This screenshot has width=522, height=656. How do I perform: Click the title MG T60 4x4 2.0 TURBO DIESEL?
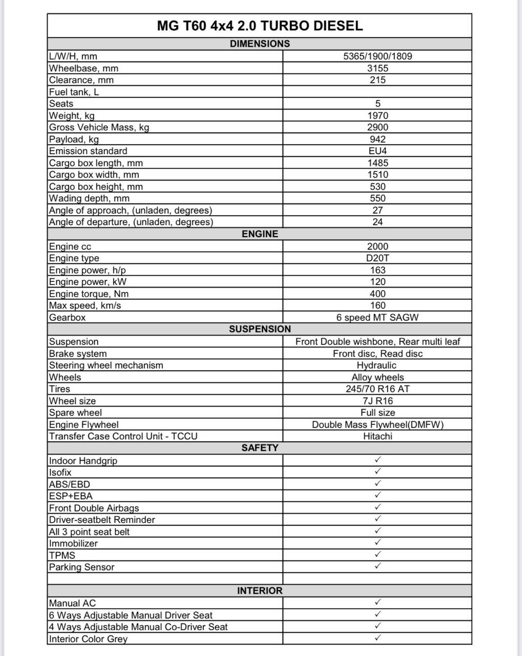pyautogui.click(x=260, y=26)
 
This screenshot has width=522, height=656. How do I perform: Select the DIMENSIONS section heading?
pyautogui.click(x=260, y=44)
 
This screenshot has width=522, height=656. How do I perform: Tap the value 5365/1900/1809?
pyautogui.click(x=378, y=56)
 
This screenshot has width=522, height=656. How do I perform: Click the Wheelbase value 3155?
pyautogui.click(x=378, y=68)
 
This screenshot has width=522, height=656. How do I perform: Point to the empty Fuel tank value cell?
pyautogui.click(x=378, y=92)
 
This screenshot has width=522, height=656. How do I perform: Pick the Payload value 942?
pyautogui.click(x=378, y=139)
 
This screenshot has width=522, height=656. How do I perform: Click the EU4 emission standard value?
pyautogui.click(x=378, y=151)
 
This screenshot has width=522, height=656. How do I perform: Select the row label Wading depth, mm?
pyautogui.click(x=89, y=199)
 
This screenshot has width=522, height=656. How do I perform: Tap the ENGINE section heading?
pyautogui.click(x=260, y=234)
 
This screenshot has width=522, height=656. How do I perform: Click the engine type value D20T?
pyautogui.click(x=378, y=258)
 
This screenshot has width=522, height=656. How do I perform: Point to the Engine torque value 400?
pyautogui.click(x=378, y=294)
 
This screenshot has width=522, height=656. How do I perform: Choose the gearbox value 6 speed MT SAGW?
pyautogui.click(x=378, y=318)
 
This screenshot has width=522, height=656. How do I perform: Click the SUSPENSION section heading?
pyautogui.click(x=260, y=329)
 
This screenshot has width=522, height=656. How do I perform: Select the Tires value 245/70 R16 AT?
pyautogui.click(x=378, y=389)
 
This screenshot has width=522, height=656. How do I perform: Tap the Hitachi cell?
pyautogui.click(x=378, y=437)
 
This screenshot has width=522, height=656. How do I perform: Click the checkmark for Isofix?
pyautogui.click(x=378, y=471)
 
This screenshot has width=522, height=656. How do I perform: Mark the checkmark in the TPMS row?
pyautogui.click(x=378, y=555)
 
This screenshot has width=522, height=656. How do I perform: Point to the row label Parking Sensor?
pyautogui.click(x=81, y=567)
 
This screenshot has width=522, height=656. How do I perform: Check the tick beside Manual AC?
pyautogui.click(x=378, y=602)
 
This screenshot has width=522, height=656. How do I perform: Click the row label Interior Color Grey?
pyautogui.click(x=88, y=639)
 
